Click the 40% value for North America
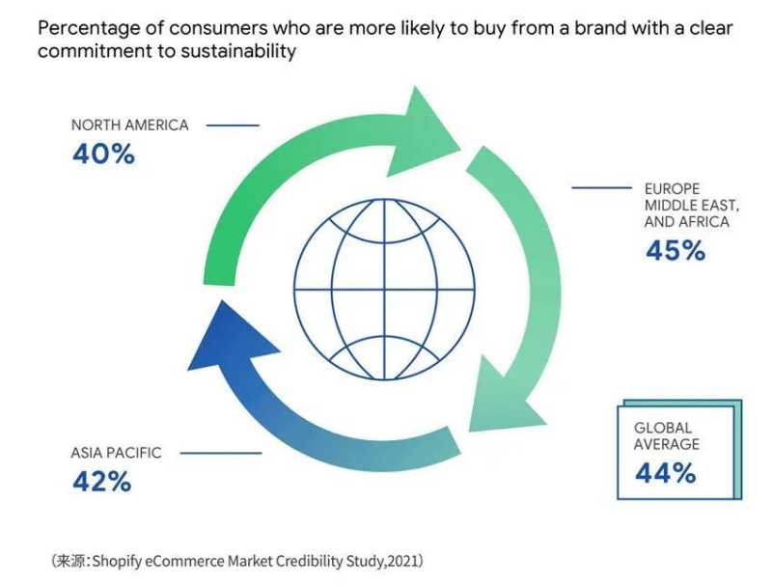[103, 154]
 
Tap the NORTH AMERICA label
[130, 126]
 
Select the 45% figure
[675, 251]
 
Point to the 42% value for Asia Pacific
[101, 482]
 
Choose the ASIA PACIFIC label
[116, 453]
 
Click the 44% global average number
[665, 473]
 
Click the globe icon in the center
[384, 289]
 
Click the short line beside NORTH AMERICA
[233, 126]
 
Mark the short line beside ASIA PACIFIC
[221, 453]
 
